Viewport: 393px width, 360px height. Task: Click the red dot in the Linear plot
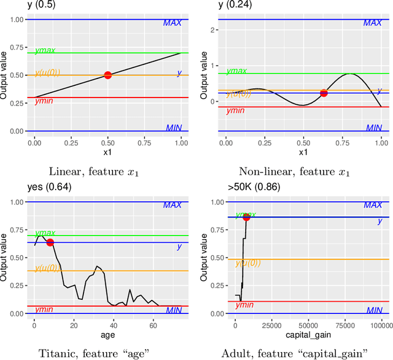pyautogui.click(x=108, y=75)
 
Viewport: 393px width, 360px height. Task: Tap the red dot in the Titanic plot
pyautogui.click(x=50, y=242)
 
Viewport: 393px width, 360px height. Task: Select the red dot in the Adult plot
pyautogui.click(x=246, y=216)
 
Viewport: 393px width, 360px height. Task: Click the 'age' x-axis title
pyautogui.click(x=108, y=335)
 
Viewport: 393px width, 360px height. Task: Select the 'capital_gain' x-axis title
pyautogui.click(x=308, y=335)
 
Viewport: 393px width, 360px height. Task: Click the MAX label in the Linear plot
pyautogui.click(x=173, y=23)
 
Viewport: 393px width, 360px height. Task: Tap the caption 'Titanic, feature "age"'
pyautogui.click(x=92, y=352)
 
